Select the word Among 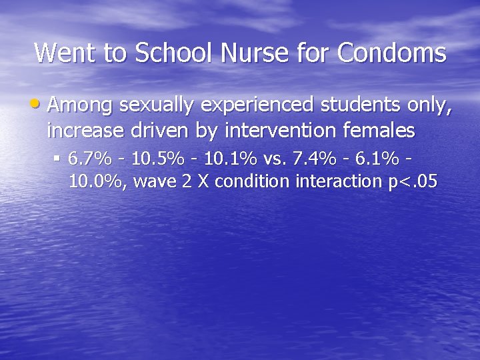pos(80,105)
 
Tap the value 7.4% pos(318,160)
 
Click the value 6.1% pos(379,160)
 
